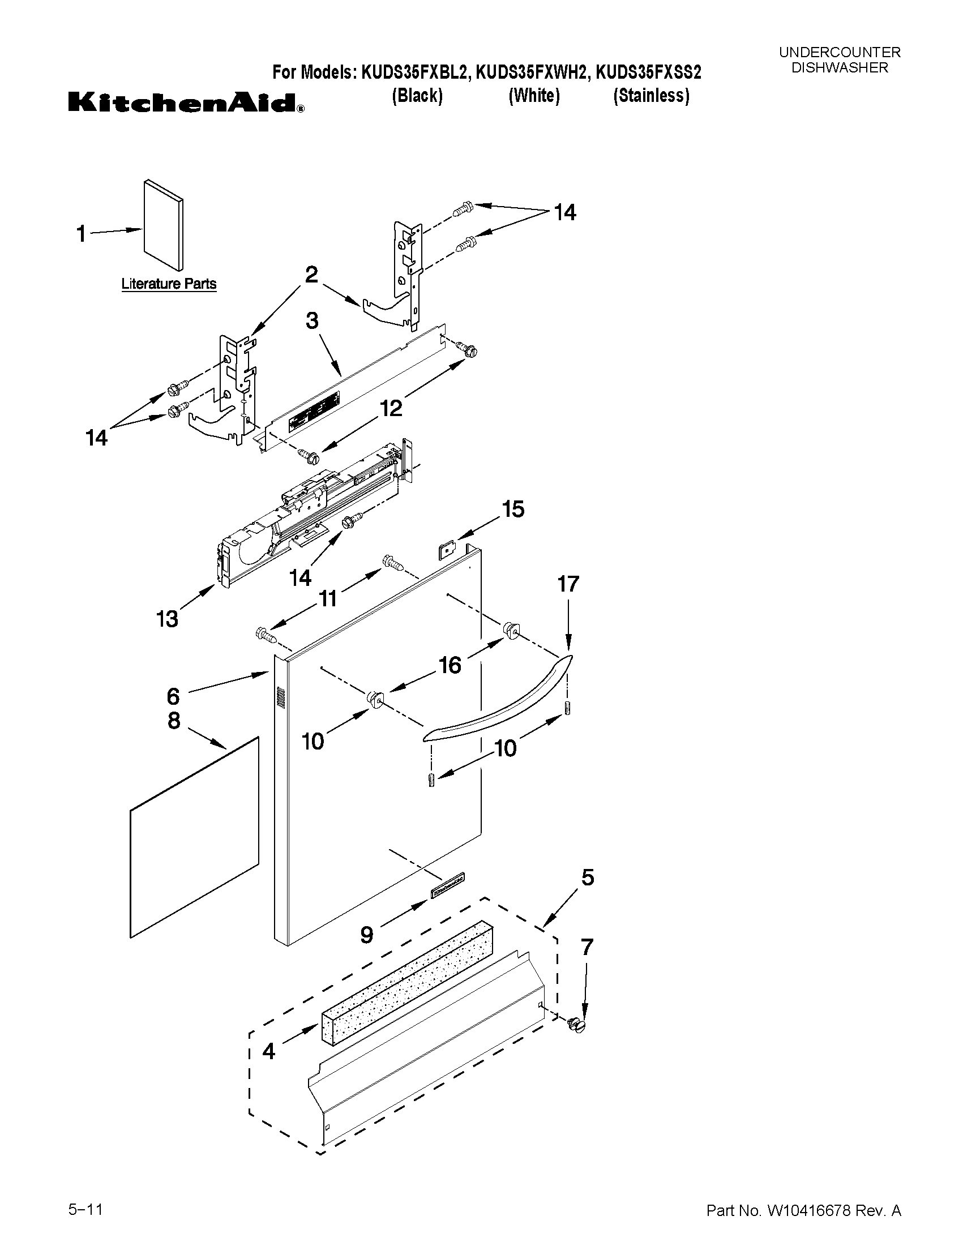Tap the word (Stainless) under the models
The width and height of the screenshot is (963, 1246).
[651, 96]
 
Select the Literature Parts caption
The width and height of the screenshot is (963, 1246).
[169, 284]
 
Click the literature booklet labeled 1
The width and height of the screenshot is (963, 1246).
[163, 225]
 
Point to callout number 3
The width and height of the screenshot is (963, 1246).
[311, 320]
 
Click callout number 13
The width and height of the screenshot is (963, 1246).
[167, 618]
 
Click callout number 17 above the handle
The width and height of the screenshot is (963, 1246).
[568, 584]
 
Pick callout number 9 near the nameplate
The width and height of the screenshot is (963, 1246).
[367, 934]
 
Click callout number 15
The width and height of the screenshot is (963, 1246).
[513, 509]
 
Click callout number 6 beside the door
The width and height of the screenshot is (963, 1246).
[173, 696]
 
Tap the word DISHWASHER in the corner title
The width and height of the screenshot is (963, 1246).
[839, 67]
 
